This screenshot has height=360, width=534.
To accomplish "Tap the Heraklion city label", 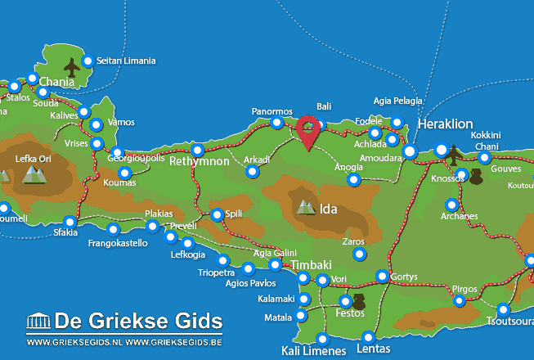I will click(x=445, y=124).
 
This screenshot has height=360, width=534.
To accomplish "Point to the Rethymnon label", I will click(x=199, y=162).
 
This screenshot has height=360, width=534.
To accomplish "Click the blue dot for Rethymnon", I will click(x=197, y=150).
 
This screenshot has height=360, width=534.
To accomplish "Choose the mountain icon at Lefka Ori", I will click(x=33, y=173).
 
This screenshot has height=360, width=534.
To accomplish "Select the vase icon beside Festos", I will click(x=357, y=301).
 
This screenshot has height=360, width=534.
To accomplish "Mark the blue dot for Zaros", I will click(x=358, y=254).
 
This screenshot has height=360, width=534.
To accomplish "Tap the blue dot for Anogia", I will click(x=353, y=179).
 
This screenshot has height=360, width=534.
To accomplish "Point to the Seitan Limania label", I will click(x=125, y=61).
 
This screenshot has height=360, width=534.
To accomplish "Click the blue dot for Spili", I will click(x=217, y=215).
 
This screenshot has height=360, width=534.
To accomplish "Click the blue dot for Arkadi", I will click(x=252, y=172).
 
